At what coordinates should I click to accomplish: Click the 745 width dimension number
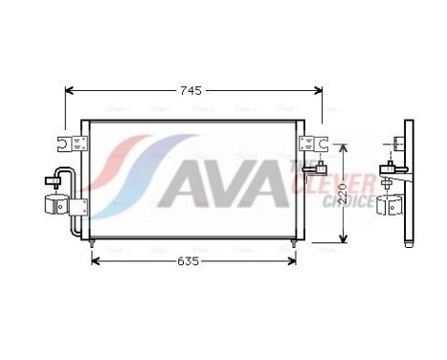pyautogui.click(x=191, y=91)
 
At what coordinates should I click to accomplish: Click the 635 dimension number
pyautogui.click(x=188, y=261)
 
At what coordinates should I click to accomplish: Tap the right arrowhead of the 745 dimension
pyautogui.click(x=317, y=91)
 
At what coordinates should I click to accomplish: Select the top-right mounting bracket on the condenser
pyautogui.click(x=309, y=145)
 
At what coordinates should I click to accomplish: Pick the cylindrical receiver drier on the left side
pyautogui.click(x=55, y=204)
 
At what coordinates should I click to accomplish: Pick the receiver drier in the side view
pyautogui.click(x=392, y=205)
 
